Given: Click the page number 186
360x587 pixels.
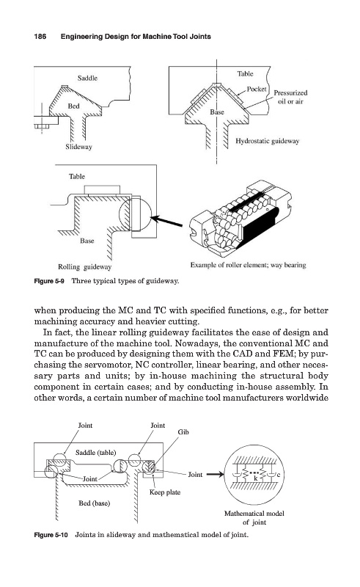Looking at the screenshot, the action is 40,36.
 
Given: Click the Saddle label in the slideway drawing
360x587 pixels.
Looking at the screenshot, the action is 87,78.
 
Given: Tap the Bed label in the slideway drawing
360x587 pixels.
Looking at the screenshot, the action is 74,106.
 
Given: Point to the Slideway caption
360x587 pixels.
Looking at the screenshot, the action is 78,147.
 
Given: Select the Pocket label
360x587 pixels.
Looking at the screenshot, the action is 257,89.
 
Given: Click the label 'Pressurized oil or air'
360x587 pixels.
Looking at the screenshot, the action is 290,97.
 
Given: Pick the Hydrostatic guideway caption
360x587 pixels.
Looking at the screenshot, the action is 267,141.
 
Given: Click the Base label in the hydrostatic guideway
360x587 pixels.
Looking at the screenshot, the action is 217,112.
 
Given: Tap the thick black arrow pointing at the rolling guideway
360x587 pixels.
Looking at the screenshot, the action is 167,222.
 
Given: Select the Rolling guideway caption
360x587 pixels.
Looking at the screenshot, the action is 84,267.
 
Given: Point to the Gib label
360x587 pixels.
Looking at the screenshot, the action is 183,432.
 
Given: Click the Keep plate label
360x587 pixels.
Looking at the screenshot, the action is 165,492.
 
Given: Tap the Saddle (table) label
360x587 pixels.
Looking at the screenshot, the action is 96,453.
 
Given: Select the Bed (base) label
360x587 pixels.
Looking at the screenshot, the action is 95,503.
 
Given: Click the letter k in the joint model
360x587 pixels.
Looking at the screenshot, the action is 256,478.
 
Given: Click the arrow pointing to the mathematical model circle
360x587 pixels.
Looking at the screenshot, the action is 215,474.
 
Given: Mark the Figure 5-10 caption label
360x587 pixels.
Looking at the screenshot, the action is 51,535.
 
